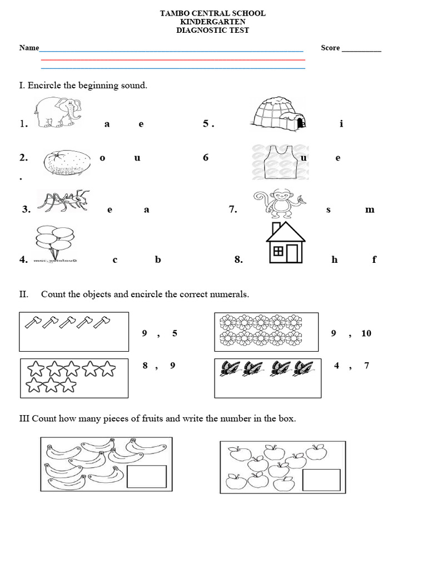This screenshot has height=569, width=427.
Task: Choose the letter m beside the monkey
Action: (370, 209)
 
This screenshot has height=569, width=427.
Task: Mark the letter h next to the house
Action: (335, 259)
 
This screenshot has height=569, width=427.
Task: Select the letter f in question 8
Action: (374, 259)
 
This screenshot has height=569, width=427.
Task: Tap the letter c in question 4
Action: (115, 259)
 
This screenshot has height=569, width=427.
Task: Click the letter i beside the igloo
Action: (341, 124)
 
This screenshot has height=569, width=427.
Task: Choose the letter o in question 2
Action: (102, 158)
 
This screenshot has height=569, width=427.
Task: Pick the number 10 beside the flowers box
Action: (366, 333)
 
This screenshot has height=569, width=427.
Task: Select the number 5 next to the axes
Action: (175, 333)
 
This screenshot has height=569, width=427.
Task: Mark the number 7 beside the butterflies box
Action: (366, 366)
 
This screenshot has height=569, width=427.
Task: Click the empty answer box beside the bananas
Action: (147, 476)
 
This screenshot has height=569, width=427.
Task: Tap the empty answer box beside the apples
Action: (321, 480)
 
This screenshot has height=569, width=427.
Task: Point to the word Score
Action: (330, 48)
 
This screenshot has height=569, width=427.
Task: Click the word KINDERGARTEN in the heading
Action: (212, 22)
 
